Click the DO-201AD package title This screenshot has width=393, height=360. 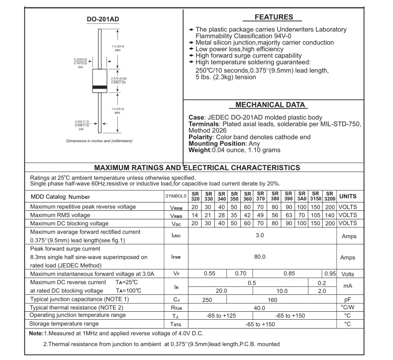103,20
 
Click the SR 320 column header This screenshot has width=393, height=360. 195,196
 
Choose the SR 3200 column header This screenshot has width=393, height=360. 329,196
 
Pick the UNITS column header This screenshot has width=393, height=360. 347,196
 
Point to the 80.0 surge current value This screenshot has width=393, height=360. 260,257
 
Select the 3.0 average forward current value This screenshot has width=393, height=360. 260,235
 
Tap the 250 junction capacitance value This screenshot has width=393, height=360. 207,299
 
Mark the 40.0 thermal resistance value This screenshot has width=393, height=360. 260,308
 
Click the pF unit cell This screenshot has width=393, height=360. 347,299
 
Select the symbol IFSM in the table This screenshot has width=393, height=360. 176,257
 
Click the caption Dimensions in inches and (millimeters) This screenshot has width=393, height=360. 99,141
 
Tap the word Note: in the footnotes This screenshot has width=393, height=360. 36,333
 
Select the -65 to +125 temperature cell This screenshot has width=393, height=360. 221,316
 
